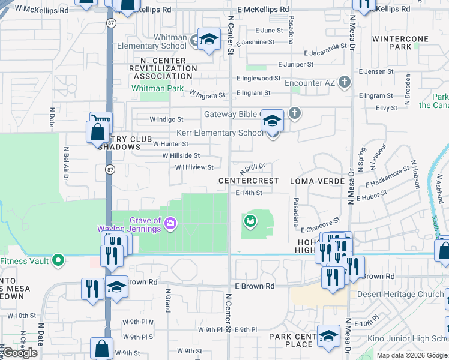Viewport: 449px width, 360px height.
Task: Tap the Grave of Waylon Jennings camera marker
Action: (x=171, y=224)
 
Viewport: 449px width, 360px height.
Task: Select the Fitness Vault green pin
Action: (x=58, y=260)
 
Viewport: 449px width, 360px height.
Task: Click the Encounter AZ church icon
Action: (x=344, y=82)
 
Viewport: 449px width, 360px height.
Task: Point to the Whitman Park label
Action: (x=158, y=88)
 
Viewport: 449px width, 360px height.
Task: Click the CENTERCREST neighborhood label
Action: (x=249, y=181)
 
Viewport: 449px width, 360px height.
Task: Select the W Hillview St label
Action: (x=194, y=167)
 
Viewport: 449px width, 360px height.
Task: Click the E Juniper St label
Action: (x=296, y=64)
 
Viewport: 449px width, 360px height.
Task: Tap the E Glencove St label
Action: (x=321, y=225)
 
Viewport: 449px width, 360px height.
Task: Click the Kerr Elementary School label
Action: (x=220, y=133)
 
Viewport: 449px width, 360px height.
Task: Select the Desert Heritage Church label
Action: (x=400, y=294)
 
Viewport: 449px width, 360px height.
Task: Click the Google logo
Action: (x=20, y=353)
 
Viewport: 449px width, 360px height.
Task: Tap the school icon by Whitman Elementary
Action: (x=208, y=40)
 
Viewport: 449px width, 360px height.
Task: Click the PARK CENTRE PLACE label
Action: (x=291, y=340)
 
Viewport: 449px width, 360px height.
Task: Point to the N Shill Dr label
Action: (x=253, y=168)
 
